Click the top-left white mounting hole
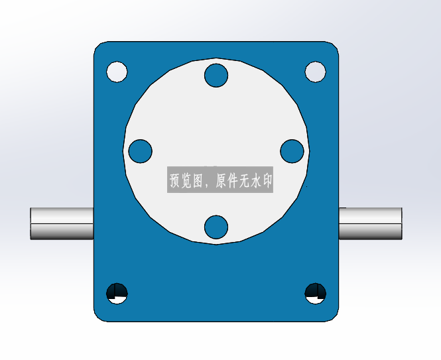tap(117, 72)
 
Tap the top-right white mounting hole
tap(315, 72)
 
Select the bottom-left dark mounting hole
tap(117, 293)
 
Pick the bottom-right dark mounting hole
tap(315, 293)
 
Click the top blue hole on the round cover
tap(216, 76)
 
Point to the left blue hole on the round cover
tap(140, 151)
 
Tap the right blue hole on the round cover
tap(292, 151)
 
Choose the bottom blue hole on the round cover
tap(216, 227)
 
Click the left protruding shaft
tap(62, 223)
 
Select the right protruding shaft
tap(371, 223)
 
